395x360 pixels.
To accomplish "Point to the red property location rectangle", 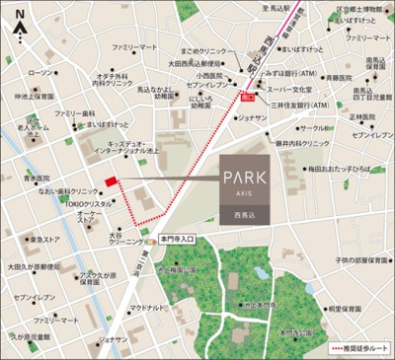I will coord(111,180).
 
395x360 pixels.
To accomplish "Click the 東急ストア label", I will coord(45,239).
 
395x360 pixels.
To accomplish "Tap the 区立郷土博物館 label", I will coord(360,9).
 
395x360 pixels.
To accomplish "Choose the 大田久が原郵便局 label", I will coord(37,266).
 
